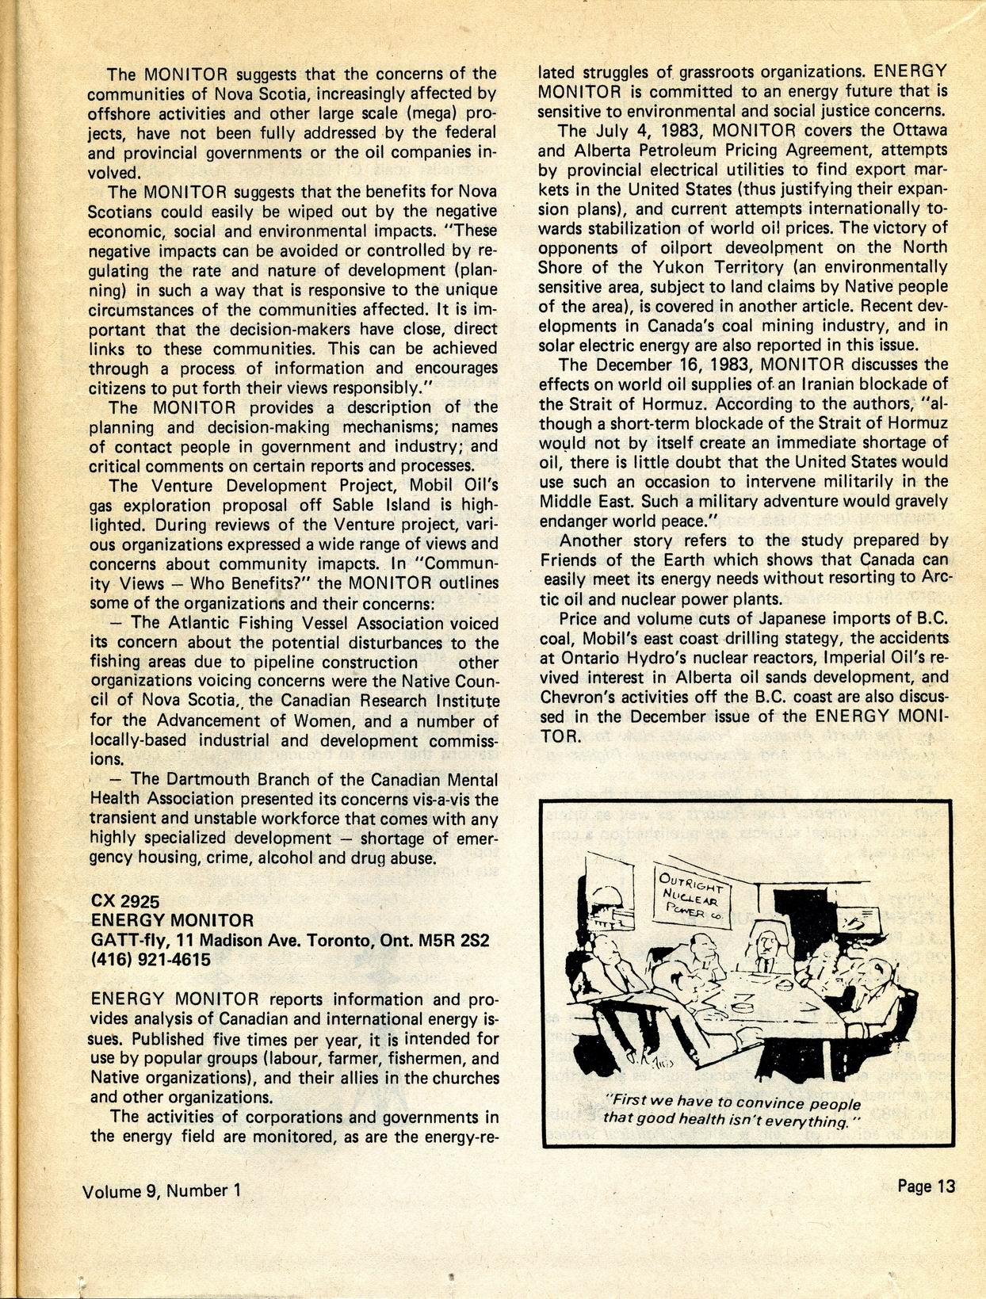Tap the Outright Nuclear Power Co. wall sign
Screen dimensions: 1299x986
point(694,892)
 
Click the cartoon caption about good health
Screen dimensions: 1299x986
point(732,1111)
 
